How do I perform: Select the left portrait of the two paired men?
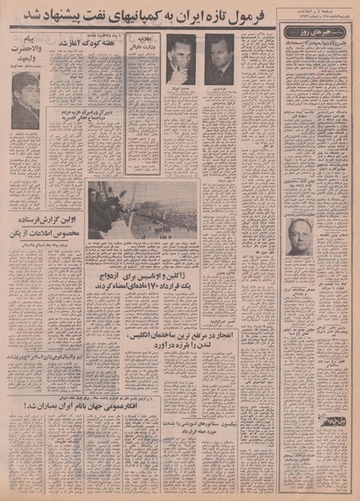[181, 59]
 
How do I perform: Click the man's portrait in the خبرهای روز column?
[299, 236]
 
